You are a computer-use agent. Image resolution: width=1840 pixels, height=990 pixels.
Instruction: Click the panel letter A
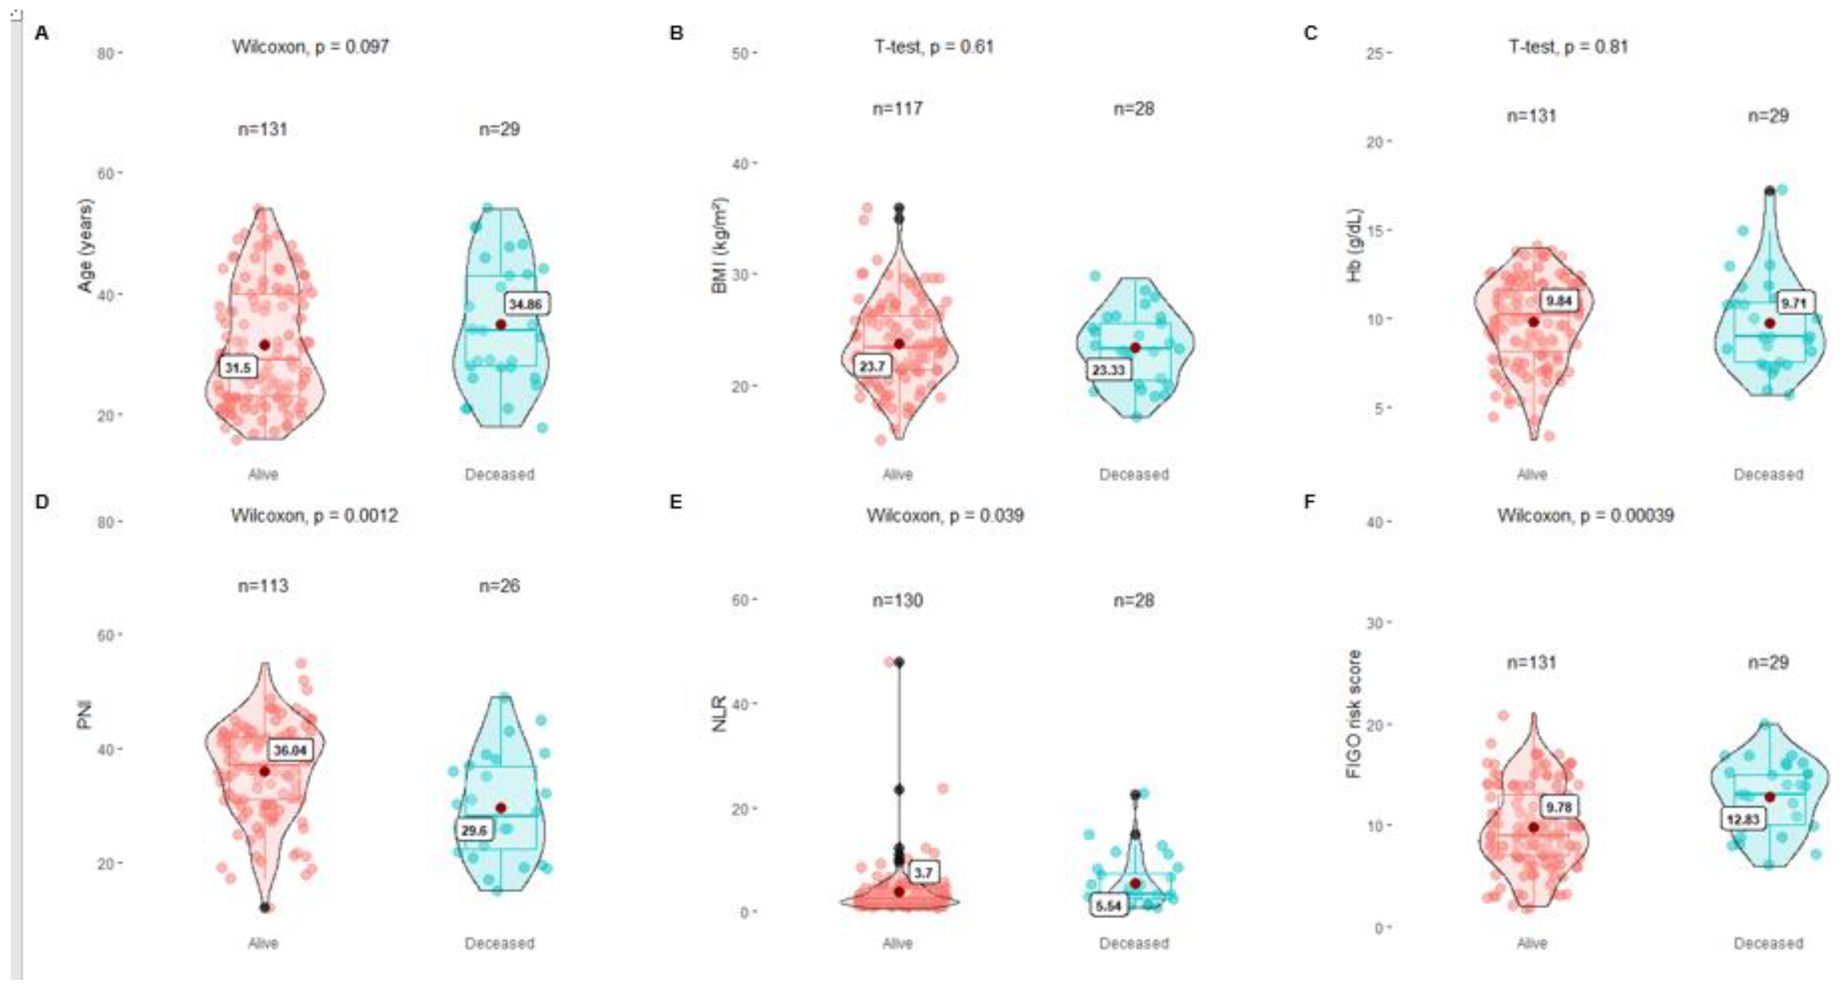(x=41, y=33)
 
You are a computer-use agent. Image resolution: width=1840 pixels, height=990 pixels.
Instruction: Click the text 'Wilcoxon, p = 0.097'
(x=310, y=47)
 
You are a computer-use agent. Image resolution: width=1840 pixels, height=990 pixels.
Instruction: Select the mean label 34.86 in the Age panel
(x=526, y=304)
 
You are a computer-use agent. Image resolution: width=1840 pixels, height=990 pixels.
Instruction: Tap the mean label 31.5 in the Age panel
(x=238, y=368)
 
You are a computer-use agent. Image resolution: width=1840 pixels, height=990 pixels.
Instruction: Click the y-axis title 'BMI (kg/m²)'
(x=719, y=245)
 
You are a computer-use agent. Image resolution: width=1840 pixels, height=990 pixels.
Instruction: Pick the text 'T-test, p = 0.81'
(x=1568, y=47)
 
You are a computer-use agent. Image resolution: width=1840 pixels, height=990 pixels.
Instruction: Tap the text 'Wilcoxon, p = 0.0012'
(x=314, y=516)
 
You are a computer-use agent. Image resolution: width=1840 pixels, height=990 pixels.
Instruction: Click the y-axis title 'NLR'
(x=719, y=713)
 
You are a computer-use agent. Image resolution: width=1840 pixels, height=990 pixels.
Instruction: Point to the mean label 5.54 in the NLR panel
(x=1109, y=906)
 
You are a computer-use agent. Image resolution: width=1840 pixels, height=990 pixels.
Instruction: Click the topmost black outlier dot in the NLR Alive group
(x=899, y=663)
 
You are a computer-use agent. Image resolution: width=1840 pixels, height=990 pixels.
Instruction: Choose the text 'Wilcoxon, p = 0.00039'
(x=1585, y=516)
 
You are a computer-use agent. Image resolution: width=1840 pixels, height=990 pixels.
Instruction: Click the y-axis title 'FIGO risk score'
(x=1353, y=714)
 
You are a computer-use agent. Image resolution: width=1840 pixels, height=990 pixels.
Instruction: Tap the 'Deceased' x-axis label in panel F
(x=1768, y=943)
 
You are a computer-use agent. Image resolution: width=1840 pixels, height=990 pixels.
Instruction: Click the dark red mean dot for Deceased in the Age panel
(x=501, y=325)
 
